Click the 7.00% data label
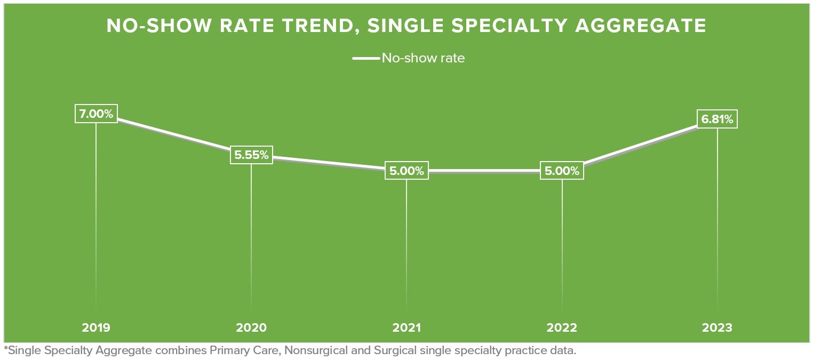[x=96, y=114]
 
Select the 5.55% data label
[x=251, y=155]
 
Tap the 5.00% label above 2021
[x=407, y=171]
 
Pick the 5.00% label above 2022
[x=562, y=171]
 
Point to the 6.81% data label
[x=717, y=119]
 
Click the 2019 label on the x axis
[x=96, y=327]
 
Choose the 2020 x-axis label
[x=251, y=327]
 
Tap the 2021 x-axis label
[x=407, y=327]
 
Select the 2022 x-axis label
[x=562, y=327]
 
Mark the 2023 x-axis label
[x=717, y=327]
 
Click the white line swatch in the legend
[x=365, y=58]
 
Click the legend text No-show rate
[x=423, y=58]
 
